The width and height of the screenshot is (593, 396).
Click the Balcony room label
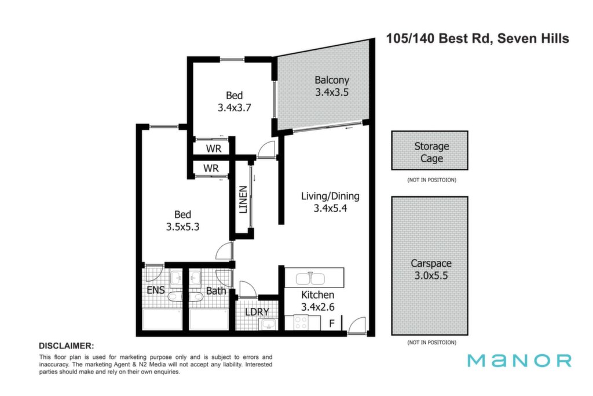tap(332, 80)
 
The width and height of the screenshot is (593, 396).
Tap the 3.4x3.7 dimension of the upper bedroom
tap(234, 108)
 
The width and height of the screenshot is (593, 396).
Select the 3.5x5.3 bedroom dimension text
tap(182, 227)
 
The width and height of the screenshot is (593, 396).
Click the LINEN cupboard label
tap(243, 199)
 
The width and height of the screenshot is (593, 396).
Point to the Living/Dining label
tap(330, 196)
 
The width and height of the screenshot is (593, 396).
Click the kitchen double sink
tap(310, 279)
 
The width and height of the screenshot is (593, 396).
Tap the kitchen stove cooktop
tap(301, 323)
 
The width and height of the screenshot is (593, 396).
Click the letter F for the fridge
tap(332, 324)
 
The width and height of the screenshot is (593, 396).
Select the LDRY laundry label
tap(257, 312)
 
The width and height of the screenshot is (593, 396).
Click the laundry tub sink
tap(268, 325)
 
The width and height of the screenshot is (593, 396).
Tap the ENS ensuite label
tap(155, 290)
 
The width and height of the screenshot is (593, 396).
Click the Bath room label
tap(216, 290)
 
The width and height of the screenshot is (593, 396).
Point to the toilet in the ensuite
tap(174, 296)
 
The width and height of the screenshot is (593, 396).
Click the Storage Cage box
tap(430, 151)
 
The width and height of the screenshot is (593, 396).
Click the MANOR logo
tap(519, 361)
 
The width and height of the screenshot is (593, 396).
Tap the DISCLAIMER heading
tap(66, 346)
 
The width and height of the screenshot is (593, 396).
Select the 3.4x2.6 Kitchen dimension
tap(318, 307)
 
